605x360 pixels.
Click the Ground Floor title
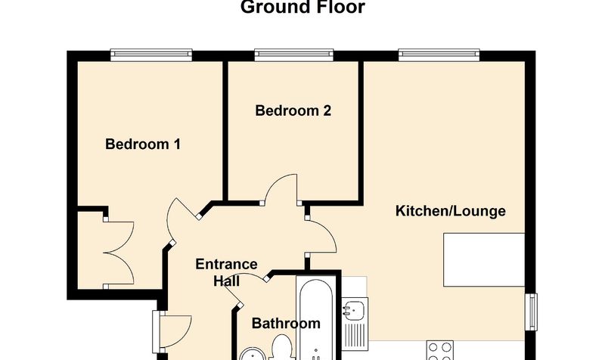coord(302,7)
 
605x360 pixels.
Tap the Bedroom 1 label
coord(143,144)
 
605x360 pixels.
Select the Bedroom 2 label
coord(293,110)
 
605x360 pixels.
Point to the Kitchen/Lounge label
coord(451,211)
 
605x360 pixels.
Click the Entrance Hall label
coord(226,272)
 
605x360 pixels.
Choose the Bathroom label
coord(286,323)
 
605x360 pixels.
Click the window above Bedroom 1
coord(151,54)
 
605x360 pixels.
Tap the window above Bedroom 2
coord(294,54)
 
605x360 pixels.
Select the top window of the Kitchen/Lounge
coord(439,54)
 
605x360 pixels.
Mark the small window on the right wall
coord(532,312)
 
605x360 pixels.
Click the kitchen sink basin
coord(355,309)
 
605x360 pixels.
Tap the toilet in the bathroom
coord(281,346)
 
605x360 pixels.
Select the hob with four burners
coord(440,350)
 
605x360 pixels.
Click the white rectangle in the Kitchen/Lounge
coord(484,259)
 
